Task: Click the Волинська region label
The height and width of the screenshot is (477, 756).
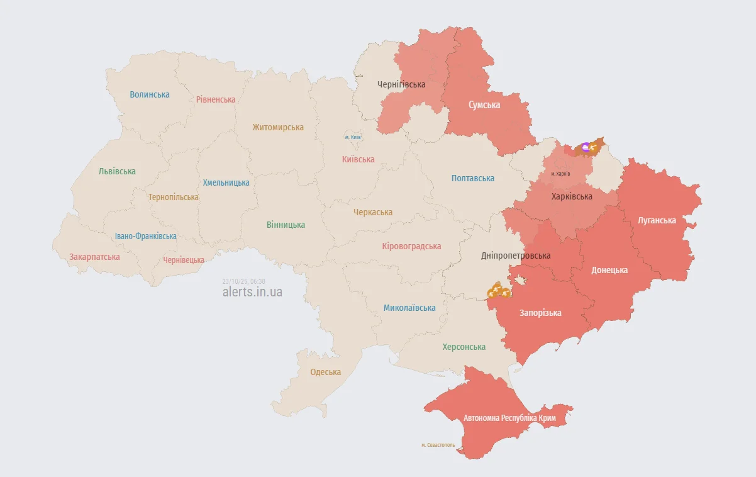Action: [150, 94]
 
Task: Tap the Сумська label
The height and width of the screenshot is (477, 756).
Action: [484, 105]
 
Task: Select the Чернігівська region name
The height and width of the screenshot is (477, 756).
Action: [401, 84]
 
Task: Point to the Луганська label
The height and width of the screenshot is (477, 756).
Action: [657, 220]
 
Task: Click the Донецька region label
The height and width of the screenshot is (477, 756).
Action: [609, 270]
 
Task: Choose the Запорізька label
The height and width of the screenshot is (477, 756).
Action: [540, 313]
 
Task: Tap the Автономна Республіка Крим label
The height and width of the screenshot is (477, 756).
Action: [509, 418]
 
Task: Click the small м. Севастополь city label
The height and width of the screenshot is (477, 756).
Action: [438, 445]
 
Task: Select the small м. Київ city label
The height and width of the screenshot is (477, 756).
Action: [353, 137]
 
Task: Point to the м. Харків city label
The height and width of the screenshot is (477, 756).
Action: [560, 174]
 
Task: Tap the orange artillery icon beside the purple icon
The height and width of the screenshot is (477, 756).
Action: [593, 147]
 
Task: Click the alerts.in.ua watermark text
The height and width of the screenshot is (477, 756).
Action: [252, 292]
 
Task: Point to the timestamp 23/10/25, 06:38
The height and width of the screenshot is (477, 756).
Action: [243, 281]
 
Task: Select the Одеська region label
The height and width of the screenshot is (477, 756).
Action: [326, 372]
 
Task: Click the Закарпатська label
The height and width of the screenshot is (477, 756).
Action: [94, 257]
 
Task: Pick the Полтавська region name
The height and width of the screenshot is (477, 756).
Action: [473, 178]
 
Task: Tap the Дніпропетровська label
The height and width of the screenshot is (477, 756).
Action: [516, 255]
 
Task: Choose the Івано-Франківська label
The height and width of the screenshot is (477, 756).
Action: [145, 236]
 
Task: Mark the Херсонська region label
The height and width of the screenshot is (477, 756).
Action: [464, 347]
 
